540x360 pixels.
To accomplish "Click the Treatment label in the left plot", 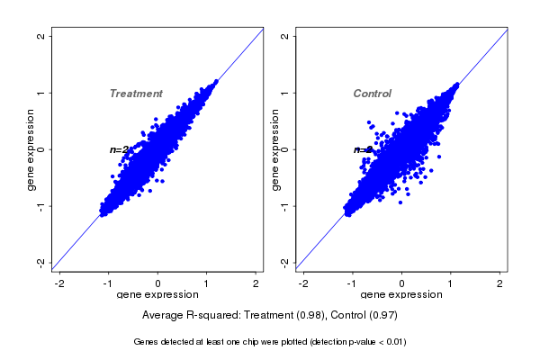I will (x=136, y=94).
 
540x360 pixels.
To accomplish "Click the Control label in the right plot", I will (x=373, y=94).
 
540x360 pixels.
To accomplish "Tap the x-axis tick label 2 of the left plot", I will (x=256, y=283).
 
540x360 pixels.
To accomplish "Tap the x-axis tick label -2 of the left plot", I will (x=60, y=283).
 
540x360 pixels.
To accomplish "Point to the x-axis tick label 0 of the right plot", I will (x=402, y=283).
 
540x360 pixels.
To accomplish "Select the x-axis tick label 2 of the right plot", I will (x=500, y=283).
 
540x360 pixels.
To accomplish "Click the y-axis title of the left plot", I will (x=31, y=149).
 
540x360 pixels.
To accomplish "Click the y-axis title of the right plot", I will (x=274, y=149).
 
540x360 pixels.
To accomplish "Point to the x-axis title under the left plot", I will (x=158, y=294).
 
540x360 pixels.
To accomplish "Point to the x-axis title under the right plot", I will (x=402, y=294).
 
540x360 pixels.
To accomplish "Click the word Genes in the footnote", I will (x=146, y=342).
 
